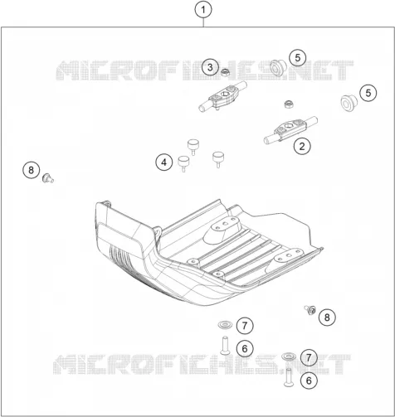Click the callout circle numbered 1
pyautogui.click(x=203, y=10)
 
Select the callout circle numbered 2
pyautogui.click(x=302, y=146)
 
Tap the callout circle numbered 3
pyautogui.click(x=210, y=67)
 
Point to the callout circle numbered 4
pyautogui.click(x=164, y=162)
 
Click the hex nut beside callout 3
pyautogui.click(x=225, y=73)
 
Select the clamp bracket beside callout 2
pyautogui.click(x=290, y=129)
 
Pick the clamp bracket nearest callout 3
pyautogui.click(x=223, y=97)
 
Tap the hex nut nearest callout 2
pyautogui.click(x=289, y=104)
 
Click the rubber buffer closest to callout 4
pyautogui.click(x=183, y=163)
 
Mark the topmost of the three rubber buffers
pyautogui.click(x=193, y=147)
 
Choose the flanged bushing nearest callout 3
pyautogui.click(x=277, y=68)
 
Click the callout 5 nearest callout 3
pyautogui.click(x=298, y=58)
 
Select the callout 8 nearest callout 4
pyautogui.click(x=31, y=170)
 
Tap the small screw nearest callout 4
pyautogui.click(x=48, y=178)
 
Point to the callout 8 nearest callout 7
pyautogui.click(x=327, y=317)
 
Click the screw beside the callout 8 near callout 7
pyautogui.click(x=310, y=310)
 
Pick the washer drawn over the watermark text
pyautogui.click(x=289, y=356)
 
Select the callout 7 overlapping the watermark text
pyautogui.click(x=309, y=357)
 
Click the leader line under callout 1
pyautogui.click(x=203, y=23)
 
